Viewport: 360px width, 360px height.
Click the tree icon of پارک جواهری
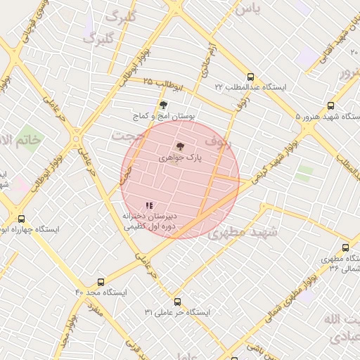coord(180,146)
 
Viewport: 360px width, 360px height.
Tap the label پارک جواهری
coord(180,159)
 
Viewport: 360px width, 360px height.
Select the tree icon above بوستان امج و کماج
coord(164,104)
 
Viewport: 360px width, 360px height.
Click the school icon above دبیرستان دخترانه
coord(148,205)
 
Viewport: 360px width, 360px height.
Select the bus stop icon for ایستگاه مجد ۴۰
coord(101,282)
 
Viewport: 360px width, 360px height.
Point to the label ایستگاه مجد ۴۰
coord(101,292)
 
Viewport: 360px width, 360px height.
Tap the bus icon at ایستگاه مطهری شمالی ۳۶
coord(345,247)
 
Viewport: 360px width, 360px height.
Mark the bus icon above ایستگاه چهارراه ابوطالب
coord(21,219)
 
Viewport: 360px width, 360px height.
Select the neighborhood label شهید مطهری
coord(243,231)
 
